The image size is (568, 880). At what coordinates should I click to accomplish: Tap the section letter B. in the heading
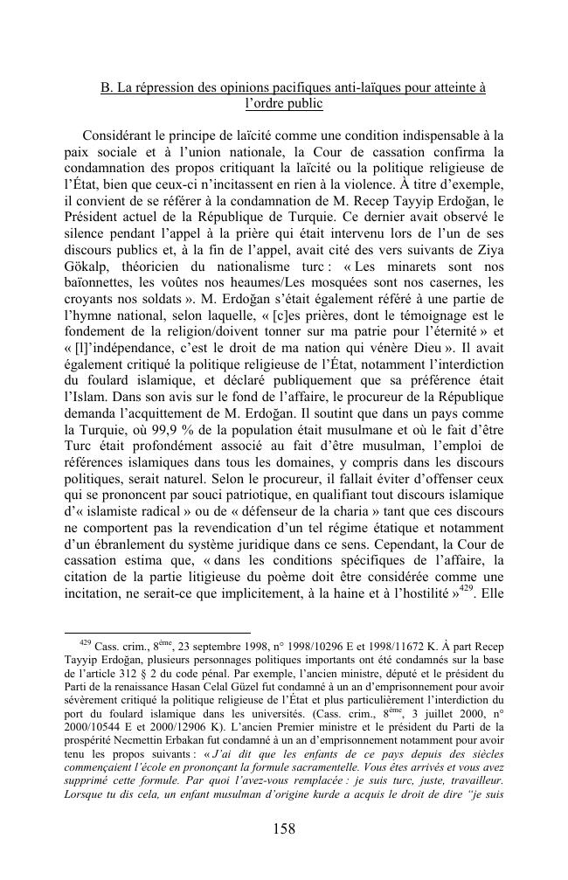click(x=107, y=87)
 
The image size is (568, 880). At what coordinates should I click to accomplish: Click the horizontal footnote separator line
click(x=157, y=631)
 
